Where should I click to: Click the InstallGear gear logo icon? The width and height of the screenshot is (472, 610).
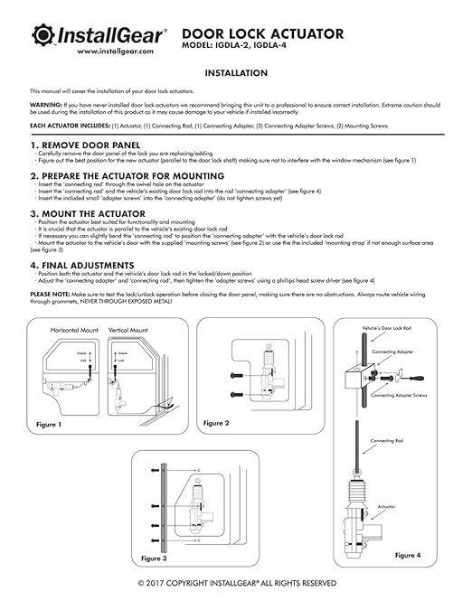[44, 36]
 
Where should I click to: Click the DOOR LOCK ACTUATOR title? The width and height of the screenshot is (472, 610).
[269, 34]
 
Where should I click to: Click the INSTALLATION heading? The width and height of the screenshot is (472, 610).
[236, 73]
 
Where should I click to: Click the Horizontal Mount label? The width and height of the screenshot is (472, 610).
[75, 331]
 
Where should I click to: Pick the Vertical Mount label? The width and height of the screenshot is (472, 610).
[129, 331]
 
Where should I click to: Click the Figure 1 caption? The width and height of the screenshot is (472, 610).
[49, 424]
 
